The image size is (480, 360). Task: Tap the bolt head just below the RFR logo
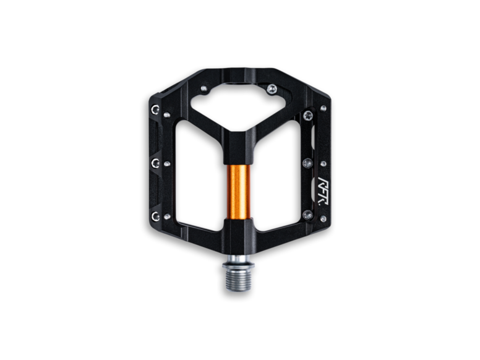(307, 214)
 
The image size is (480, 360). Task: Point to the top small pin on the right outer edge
(323, 108)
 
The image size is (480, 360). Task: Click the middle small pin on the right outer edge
(323, 164)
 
